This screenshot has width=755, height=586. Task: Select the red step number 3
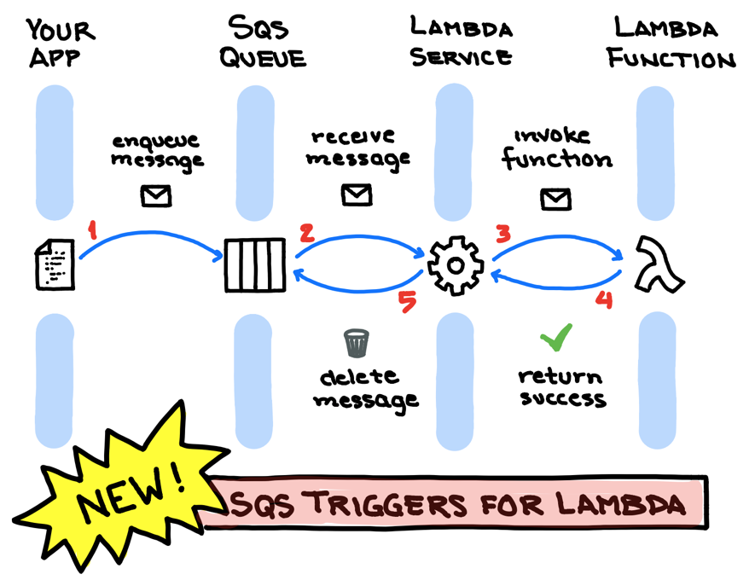tap(504, 233)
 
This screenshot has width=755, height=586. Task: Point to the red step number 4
tap(604, 299)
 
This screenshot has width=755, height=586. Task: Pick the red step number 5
tap(408, 302)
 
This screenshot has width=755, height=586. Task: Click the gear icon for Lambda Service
tap(455, 264)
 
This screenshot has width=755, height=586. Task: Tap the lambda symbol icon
tap(659, 265)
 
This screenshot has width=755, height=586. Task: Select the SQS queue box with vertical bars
tap(255, 265)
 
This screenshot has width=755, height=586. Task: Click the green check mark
tap(556, 338)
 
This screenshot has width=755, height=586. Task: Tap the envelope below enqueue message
tap(156, 196)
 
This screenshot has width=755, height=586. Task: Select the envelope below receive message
tap(357, 194)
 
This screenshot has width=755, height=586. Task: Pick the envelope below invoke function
tap(555, 199)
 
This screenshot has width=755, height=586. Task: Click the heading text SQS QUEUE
tap(262, 43)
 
